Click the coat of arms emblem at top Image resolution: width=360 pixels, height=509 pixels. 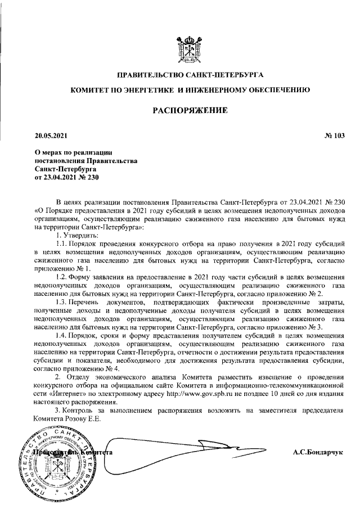coord(190,49)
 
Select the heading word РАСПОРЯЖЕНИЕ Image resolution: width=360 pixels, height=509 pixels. coord(190,111)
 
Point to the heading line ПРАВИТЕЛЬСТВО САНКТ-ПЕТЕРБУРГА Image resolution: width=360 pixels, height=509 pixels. coord(190,75)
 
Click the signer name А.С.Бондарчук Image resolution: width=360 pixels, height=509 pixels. coord(318,452)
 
